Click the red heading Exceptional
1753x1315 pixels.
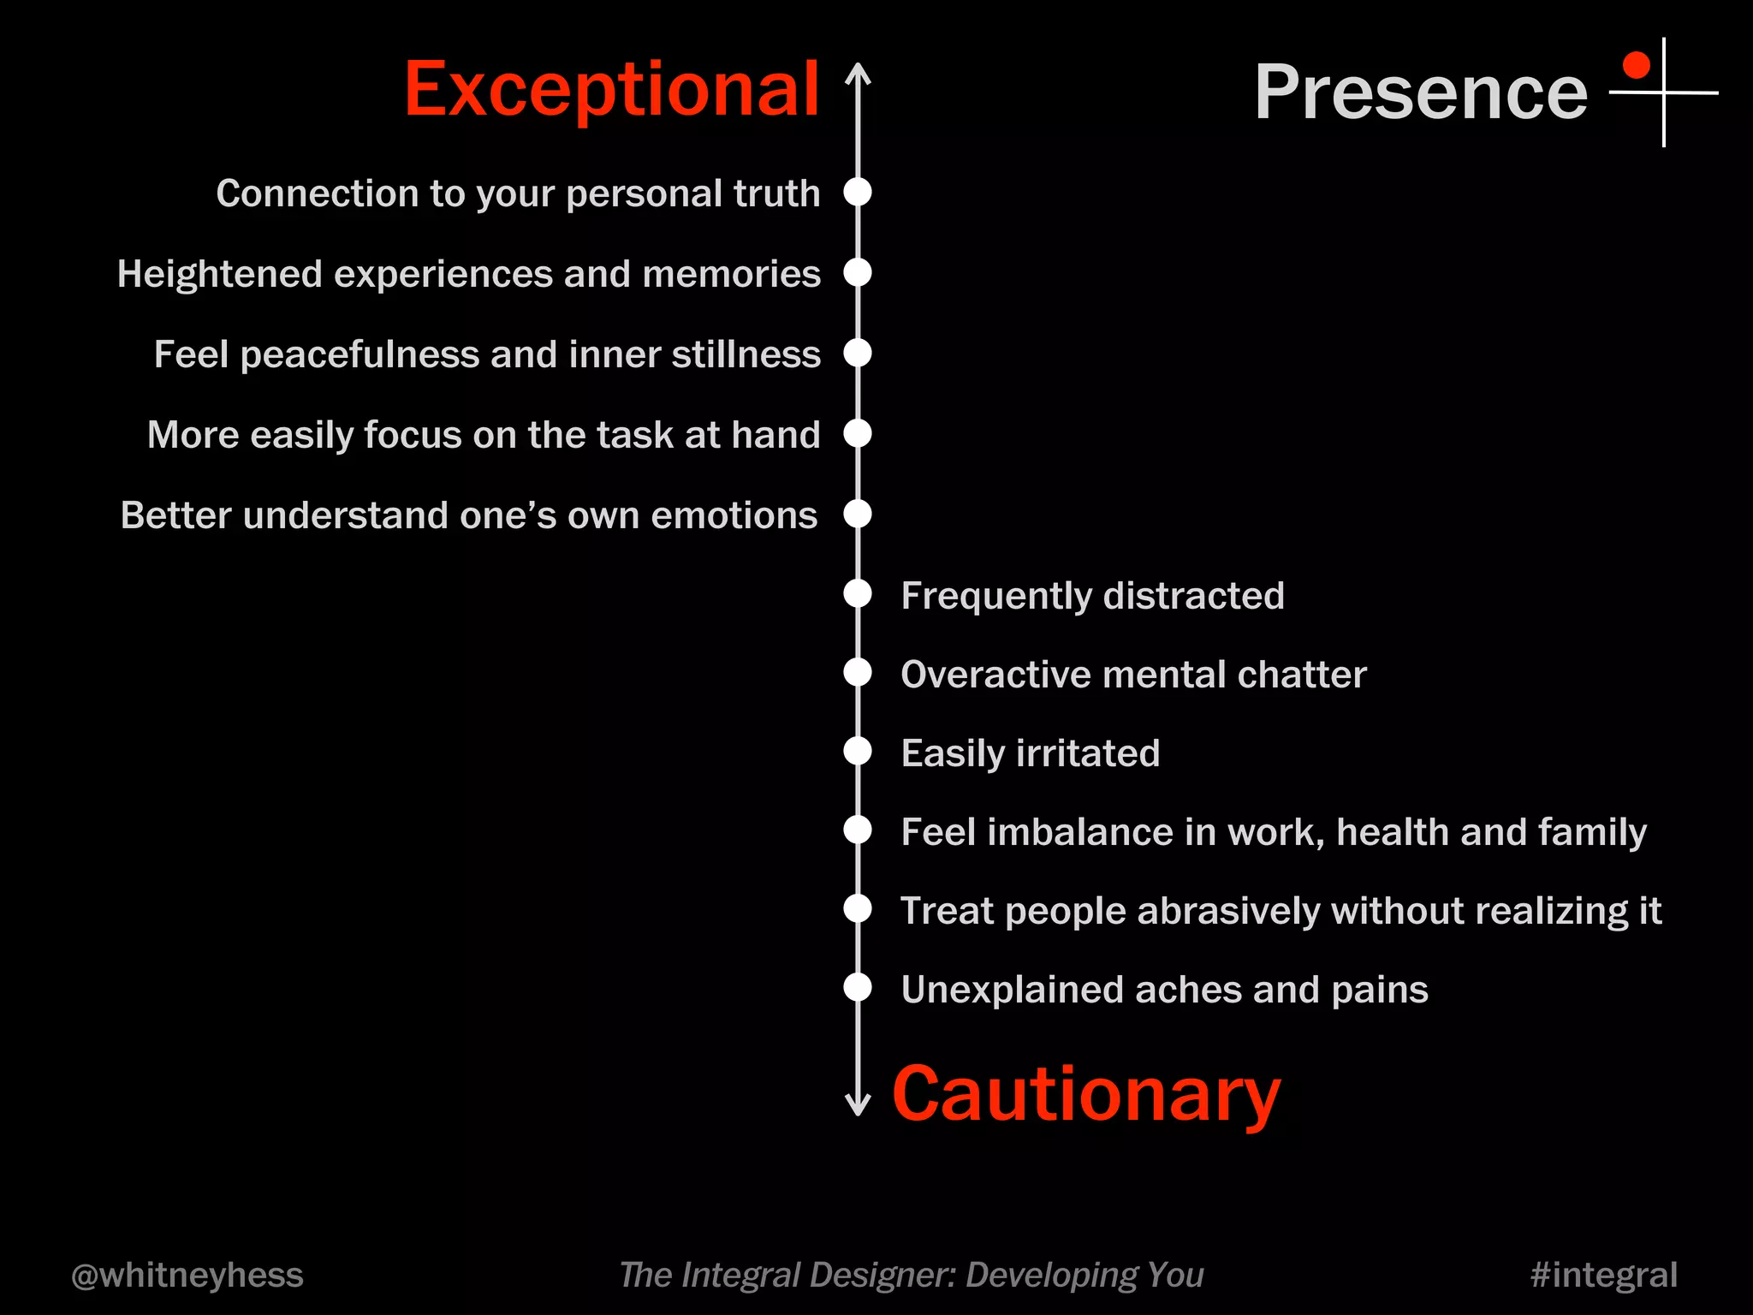[611, 91]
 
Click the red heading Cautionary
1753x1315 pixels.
[1085, 1096]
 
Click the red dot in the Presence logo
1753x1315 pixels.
[1636, 65]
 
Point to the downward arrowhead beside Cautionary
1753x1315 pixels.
[858, 1106]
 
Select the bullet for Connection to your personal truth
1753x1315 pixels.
[858, 192]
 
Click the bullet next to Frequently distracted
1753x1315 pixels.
[858, 593]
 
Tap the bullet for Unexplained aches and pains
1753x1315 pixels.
[858, 987]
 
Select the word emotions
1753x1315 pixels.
[734, 515]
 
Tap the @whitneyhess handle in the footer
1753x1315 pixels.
[187, 1275]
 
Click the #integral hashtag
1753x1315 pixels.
[1603, 1275]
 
